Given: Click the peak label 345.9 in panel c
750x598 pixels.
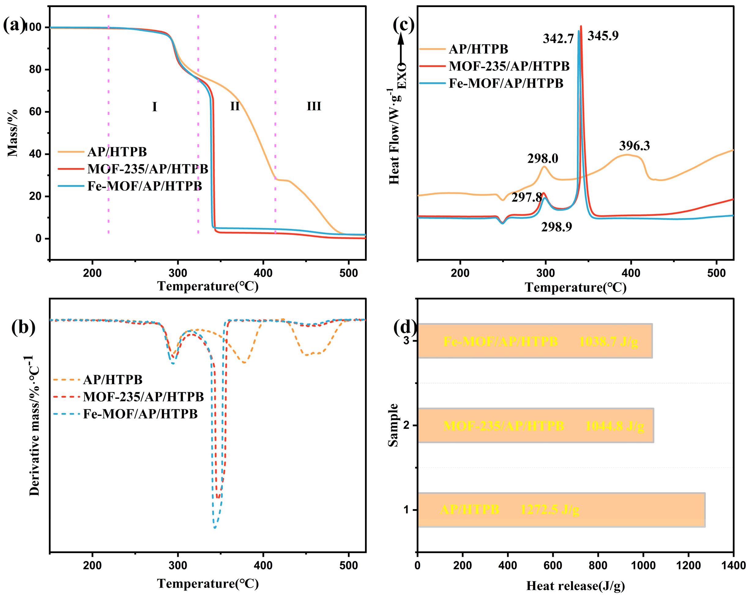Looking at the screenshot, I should click(x=603, y=36).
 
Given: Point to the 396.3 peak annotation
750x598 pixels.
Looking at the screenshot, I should click(x=634, y=146).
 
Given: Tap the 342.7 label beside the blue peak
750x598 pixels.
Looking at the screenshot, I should click(x=558, y=39).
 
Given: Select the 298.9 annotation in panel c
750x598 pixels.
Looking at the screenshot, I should click(x=556, y=227).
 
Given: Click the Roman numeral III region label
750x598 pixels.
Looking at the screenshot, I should click(x=314, y=106).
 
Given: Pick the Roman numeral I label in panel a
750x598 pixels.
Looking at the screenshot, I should click(x=155, y=107).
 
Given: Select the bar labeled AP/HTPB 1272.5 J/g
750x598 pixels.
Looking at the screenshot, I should click(x=561, y=510).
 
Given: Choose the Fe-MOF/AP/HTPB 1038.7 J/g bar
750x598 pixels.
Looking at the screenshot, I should click(x=534, y=341).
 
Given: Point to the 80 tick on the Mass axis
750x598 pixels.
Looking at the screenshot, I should click(x=35, y=69).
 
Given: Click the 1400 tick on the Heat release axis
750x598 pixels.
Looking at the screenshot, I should click(x=733, y=566).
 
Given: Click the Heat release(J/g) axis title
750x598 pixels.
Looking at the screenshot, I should click(x=575, y=586).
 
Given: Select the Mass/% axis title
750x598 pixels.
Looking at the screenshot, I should click(x=13, y=133).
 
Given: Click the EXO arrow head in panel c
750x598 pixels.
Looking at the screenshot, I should click(x=401, y=38).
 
